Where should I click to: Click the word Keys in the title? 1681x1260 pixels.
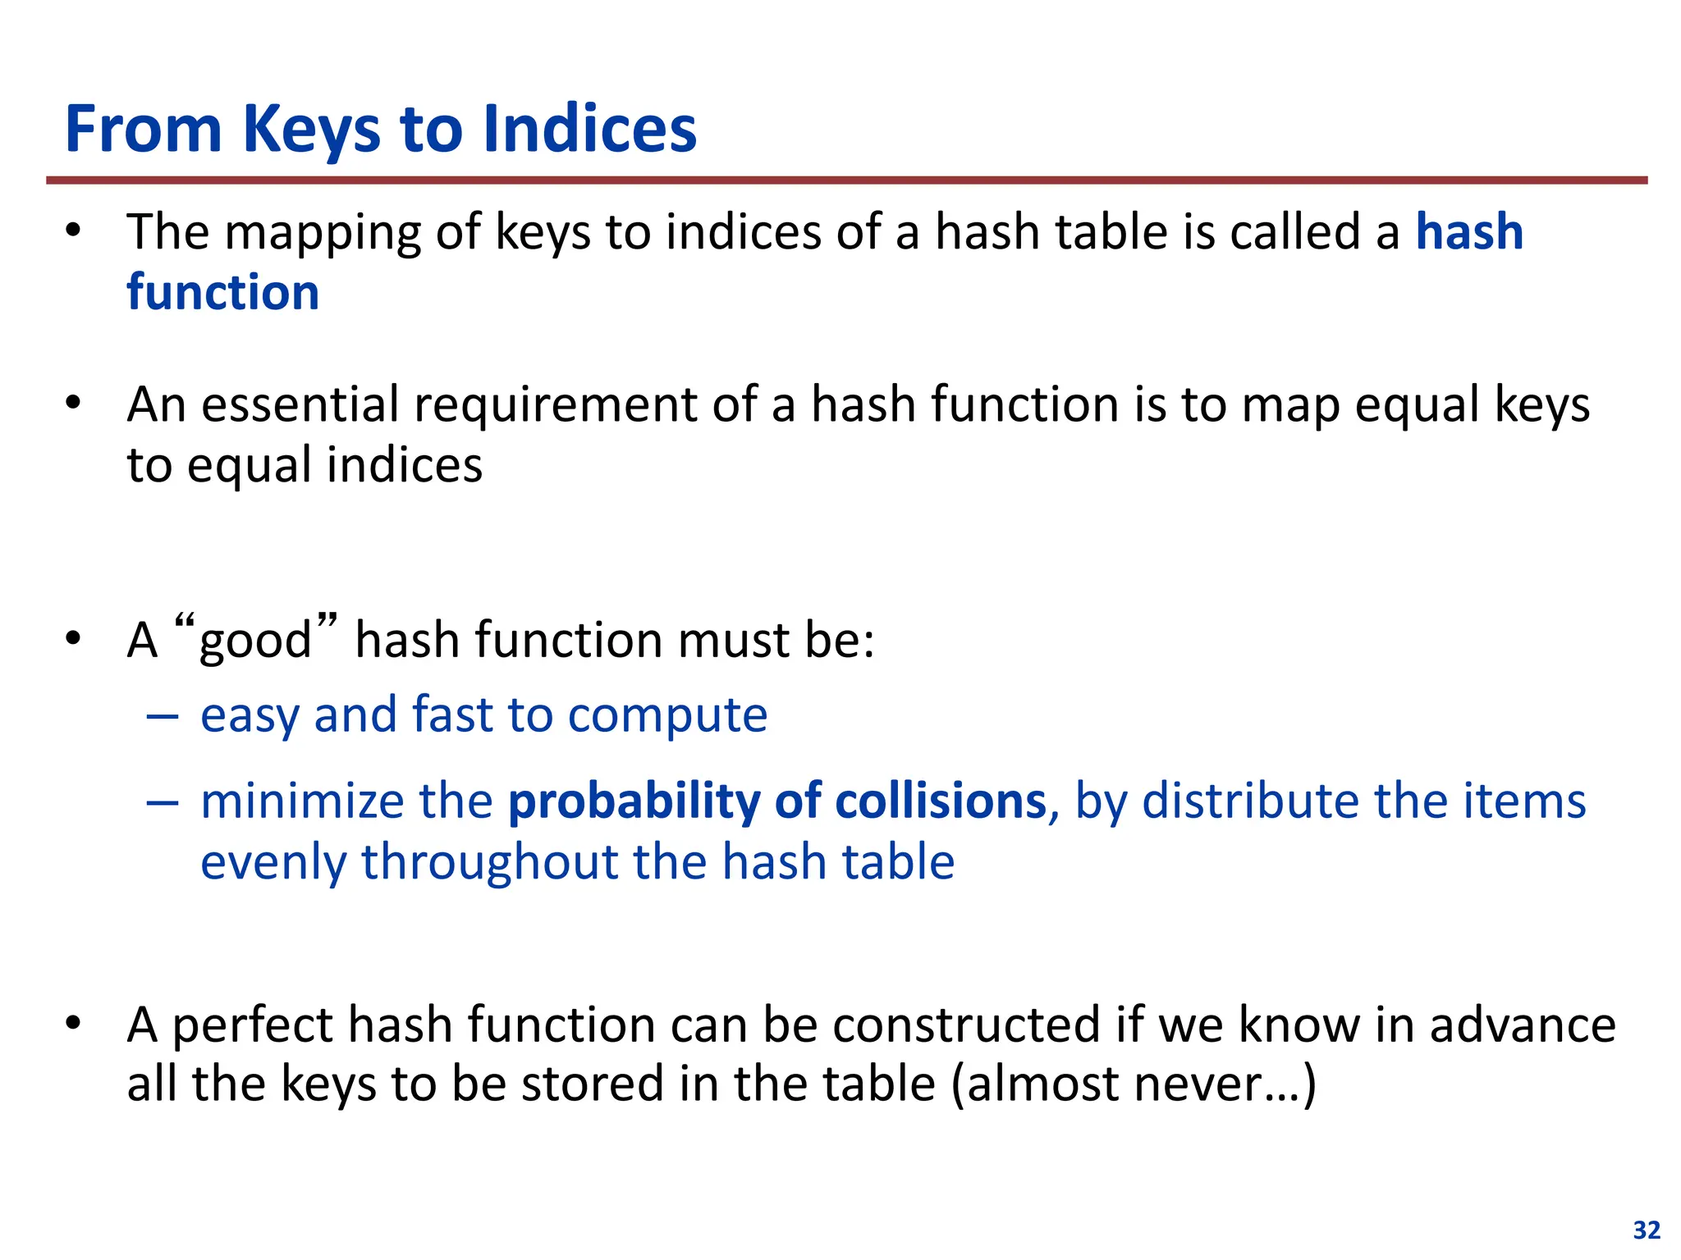pyautogui.click(x=311, y=130)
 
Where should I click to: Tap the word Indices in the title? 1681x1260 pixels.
pyautogui.click(x=589, y=130)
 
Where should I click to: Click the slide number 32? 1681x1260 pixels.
pyautogui.click(x=1647, y=1230)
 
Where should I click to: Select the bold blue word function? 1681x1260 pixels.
pyautogui.click(x=222, y=292)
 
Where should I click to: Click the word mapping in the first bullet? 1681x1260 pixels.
pyautogui.click(x=322, y=233)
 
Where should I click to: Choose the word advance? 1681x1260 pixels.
pyautogui.click(x=1523, y=1025)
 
